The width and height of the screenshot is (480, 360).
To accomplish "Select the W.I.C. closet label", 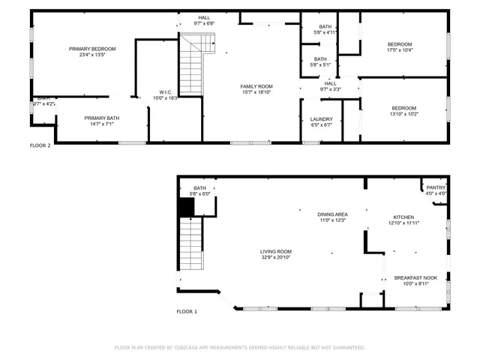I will [x=165, y=94].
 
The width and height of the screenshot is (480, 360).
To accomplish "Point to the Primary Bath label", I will [x=102, y=121].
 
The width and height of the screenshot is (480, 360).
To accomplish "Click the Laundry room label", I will [x=322, y=121].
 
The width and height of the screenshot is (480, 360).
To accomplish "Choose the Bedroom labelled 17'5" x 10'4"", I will [x=400, y=47].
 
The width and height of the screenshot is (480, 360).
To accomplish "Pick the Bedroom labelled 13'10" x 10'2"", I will [x=403, y=111].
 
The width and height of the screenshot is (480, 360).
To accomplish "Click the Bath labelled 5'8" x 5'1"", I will [x=320, y=62].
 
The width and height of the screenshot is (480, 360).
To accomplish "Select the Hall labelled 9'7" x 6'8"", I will [x=204, y=20].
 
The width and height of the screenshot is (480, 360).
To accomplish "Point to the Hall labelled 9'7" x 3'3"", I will [x=330, y=86].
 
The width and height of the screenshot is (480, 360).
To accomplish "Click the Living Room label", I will [x=276, y=254].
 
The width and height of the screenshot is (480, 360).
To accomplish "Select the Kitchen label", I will [x=403, y=220].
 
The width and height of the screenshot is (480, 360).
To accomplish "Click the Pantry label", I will [x=436, y=190].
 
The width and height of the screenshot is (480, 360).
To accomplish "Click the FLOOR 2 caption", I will [x=40, y=145].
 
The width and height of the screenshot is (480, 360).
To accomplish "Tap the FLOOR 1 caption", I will [x=187, y=311].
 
